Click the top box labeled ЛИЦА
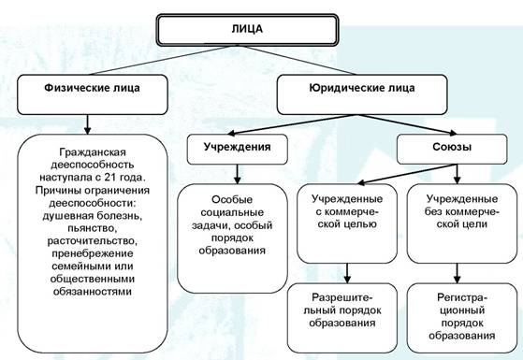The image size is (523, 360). [247, 30]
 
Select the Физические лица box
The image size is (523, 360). [93, 94]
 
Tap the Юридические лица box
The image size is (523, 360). [362, 94]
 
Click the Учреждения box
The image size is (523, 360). [237, 149]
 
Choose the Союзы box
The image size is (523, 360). [452, 149]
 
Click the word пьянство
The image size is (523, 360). [93, 228]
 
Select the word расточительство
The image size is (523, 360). [93, 240]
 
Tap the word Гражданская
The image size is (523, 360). [93, 152]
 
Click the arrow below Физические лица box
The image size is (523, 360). [87, 124]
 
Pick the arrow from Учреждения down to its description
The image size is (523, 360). [237, 174]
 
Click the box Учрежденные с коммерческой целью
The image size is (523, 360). [347, 223]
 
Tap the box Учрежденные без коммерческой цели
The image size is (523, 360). [462, 223]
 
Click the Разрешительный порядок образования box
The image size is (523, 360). [342, 318]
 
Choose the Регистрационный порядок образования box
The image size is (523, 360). [462, 318]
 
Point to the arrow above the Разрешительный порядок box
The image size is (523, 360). [347, 273]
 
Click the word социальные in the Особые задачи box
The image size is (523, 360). [232, 212]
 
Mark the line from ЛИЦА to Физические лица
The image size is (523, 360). [160, 60]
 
